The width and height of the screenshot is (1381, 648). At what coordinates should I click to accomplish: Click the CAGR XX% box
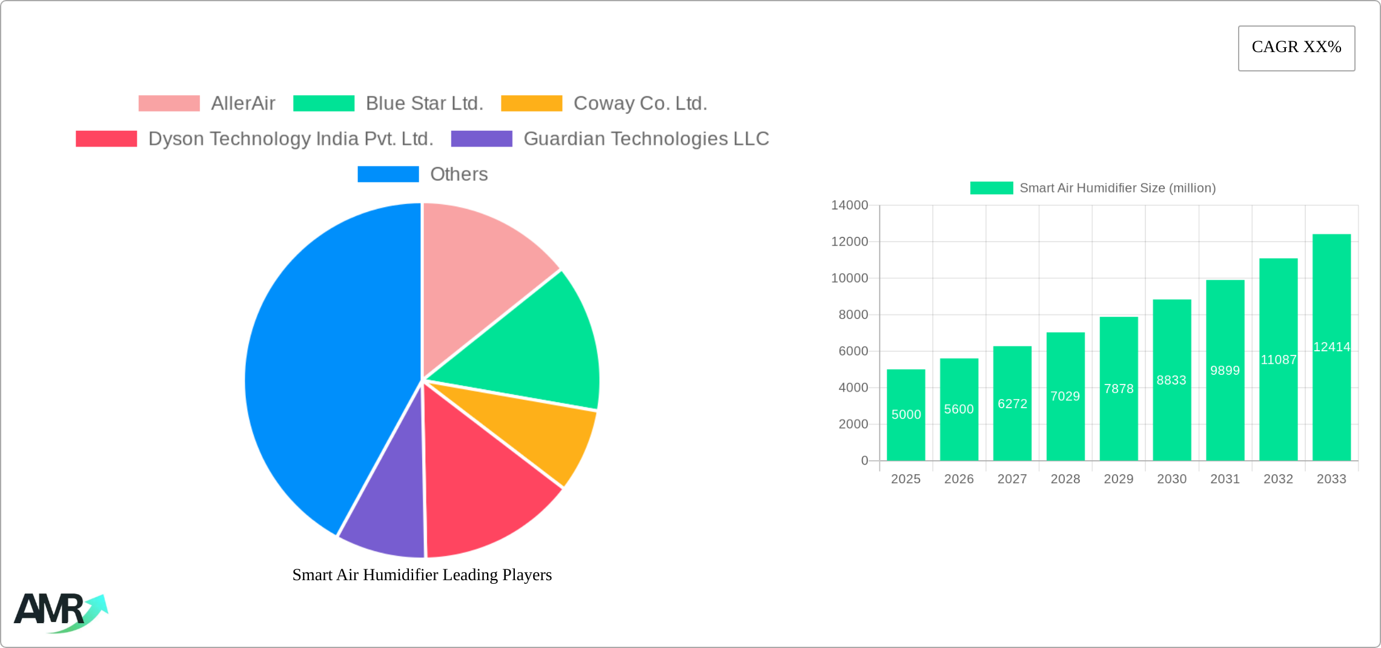pos(1296,48)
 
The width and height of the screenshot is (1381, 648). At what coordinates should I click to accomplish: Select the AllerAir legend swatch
pos(169,104)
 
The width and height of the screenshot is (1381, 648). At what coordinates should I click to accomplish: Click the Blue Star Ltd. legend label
pos(424,104)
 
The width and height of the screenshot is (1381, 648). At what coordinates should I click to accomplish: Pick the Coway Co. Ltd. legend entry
pos(640,104)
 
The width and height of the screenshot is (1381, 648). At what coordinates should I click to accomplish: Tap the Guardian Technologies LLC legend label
pos(646,139)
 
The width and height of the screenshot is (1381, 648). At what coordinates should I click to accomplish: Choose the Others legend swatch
pos(388,174)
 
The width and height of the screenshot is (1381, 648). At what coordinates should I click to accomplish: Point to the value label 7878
pos(1119,389)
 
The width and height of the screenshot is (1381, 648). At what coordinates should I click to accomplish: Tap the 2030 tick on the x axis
pos(1171,479)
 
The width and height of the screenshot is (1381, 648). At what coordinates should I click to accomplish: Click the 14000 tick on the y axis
pos(849,205)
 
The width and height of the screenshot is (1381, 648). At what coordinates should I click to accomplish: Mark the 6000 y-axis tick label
pos(853,351)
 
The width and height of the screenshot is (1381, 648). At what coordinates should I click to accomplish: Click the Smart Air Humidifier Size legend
pos(1093,188)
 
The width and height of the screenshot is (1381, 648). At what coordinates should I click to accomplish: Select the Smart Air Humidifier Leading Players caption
pos(422,575)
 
